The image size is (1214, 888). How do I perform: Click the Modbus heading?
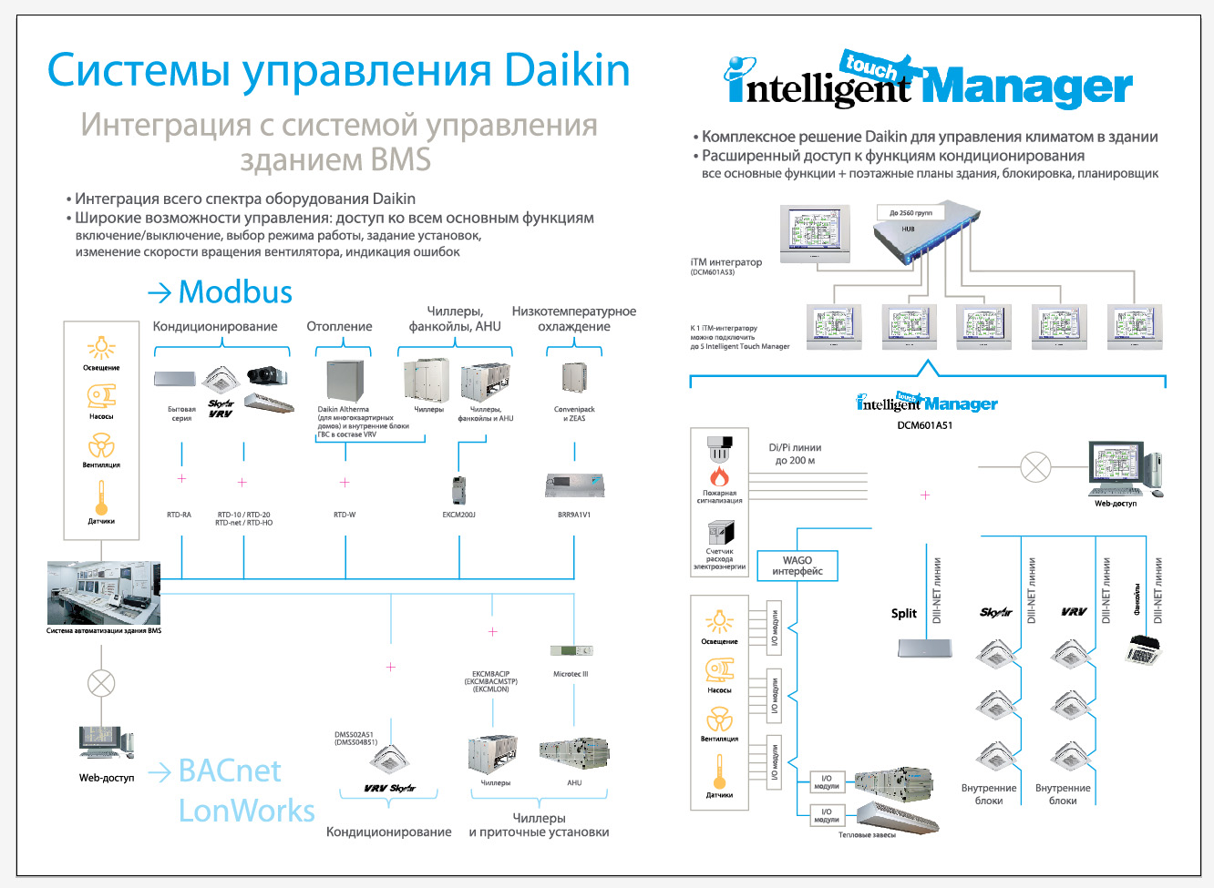coord(235,292)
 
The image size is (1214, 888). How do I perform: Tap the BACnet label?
coord(230,771)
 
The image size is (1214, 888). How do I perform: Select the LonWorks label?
coord(246,811)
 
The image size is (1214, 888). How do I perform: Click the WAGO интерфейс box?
coord(797,566)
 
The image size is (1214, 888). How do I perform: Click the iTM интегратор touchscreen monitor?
coord(815,234)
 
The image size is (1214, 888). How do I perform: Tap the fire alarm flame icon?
coord(720,476)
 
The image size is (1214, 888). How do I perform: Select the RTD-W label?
coord(345,515)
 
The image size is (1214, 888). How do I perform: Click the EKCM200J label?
coord(459,515)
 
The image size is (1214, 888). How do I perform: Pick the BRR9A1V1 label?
coord(574,515)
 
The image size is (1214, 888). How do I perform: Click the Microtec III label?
coord(571,674)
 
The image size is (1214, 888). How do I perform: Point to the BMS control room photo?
coord(104,593)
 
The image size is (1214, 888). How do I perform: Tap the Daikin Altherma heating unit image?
coord(345,382)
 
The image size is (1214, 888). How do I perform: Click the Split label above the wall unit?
coord(904,614)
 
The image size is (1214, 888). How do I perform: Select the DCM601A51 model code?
coord(924,425)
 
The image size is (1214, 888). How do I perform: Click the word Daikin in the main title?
coord(567,70)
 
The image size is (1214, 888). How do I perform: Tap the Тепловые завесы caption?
coord(867,835)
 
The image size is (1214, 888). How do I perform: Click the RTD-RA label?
coord(180,515)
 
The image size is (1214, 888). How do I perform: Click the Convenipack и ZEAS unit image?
coord(574,380)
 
